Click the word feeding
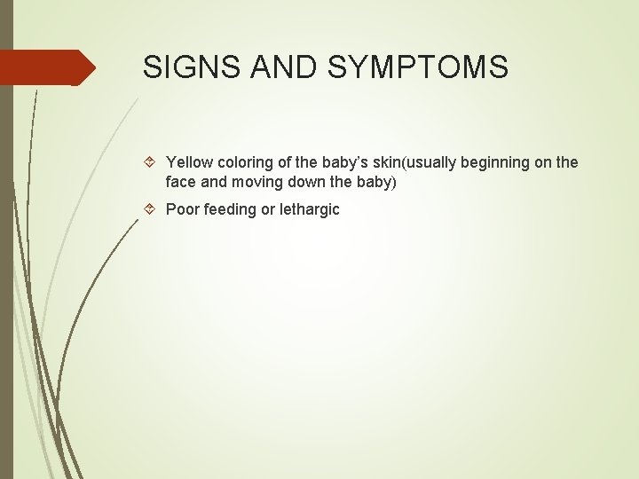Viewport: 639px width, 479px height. click(230, 210)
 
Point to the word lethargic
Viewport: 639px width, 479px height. click(309, 210)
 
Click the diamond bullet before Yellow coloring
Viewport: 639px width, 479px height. click(150, 162)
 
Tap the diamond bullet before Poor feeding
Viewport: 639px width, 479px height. click(150, 210)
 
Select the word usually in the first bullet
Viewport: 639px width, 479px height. click(431, 162)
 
